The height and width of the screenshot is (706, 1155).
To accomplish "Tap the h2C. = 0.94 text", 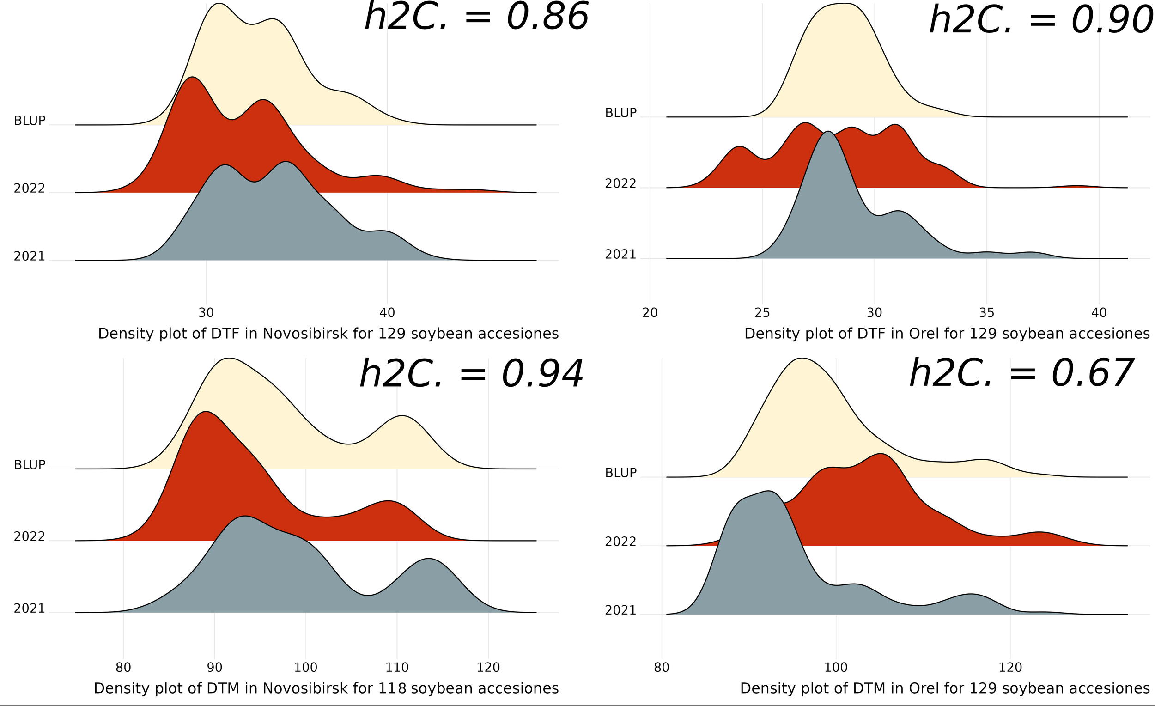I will click(471, 374).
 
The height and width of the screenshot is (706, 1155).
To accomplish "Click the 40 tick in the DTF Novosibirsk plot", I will click(387, 313).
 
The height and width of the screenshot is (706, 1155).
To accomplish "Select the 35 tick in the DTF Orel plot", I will click(987, 313).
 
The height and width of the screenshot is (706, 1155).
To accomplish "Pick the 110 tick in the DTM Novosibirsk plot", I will click(397, 667).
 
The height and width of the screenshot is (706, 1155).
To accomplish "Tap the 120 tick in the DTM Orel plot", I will click(1010, 667).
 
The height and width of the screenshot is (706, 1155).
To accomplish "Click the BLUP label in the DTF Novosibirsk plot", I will click(30, 121).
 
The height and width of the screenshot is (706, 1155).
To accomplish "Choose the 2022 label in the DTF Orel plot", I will click(620, 184).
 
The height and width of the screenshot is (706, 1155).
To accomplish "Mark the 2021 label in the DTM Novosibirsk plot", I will click(30, 609).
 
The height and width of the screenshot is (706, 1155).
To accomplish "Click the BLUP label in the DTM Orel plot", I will click(620, 473).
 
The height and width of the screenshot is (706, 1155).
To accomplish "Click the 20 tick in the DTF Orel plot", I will click(650, 313).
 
